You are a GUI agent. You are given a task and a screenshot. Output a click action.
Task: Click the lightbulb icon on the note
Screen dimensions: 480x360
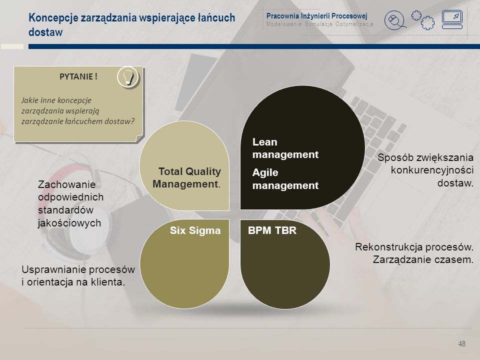(x=128, y=77)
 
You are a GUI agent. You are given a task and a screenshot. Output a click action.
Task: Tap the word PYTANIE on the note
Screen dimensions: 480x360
(x=76, y=76)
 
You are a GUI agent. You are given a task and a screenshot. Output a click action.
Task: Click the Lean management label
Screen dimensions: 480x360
(x=285, y=148)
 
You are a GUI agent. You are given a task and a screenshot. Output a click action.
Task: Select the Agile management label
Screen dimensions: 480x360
(x=285, y=179)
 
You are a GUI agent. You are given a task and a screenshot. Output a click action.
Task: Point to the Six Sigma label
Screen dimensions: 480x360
(x=195, y=230)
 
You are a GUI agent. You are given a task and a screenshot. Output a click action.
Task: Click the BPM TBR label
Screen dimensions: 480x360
(x=272, y=230)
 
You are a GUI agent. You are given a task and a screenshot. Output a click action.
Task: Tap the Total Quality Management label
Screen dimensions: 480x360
(x=186, y=177)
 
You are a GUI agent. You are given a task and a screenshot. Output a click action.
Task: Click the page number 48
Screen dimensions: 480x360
(x=461, y=344)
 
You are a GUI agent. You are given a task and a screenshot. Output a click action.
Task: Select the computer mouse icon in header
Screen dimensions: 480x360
(x=395, y=20)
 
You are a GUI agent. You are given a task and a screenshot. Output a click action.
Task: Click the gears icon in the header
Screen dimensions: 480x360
(x=423, y=20)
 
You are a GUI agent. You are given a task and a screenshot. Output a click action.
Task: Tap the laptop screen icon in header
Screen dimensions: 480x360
(x=452, y=19)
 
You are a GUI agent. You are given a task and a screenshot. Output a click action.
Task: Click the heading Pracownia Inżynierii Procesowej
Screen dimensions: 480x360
(x=316, y=16)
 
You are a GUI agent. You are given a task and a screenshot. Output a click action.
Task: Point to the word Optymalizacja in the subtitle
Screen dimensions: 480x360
(x=354, y=24)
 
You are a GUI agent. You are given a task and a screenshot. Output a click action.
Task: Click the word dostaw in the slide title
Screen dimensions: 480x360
(x=45, y=32)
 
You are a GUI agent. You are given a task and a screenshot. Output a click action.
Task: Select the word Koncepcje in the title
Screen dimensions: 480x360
(x=53, y=18)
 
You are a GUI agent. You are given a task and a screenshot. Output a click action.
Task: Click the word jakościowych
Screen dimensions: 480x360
(x=69, y=223)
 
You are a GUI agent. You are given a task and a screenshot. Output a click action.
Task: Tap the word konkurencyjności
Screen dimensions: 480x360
(x=432, y=170)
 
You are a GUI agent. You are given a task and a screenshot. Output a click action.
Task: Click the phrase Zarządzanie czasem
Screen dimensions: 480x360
(x=423, y=259)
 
